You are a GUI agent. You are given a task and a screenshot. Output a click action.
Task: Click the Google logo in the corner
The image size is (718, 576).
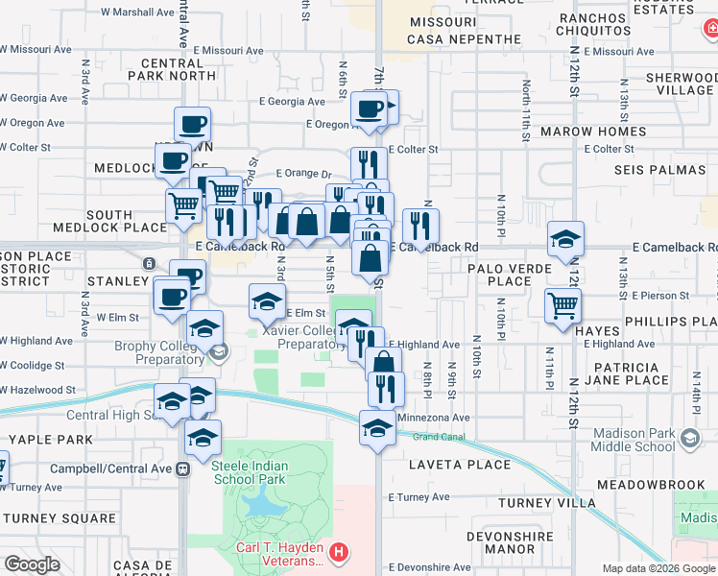point(33,564)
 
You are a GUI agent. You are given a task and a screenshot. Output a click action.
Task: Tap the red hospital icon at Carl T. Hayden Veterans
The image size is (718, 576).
point(338,552)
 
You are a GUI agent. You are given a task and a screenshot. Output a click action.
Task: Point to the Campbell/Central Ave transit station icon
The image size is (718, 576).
point(182,468)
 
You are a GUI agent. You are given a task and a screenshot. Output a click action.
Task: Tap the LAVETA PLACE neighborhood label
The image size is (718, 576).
point(460,465)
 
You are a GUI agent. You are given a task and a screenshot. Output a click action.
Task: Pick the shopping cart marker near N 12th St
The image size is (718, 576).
point(562,306)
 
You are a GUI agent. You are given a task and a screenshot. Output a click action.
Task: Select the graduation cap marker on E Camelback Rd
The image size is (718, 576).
point(566,239)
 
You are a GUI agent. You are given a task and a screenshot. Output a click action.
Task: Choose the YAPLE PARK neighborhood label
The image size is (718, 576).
point(38,439)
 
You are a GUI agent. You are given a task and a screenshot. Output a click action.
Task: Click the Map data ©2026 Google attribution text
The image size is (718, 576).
point(659,568)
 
